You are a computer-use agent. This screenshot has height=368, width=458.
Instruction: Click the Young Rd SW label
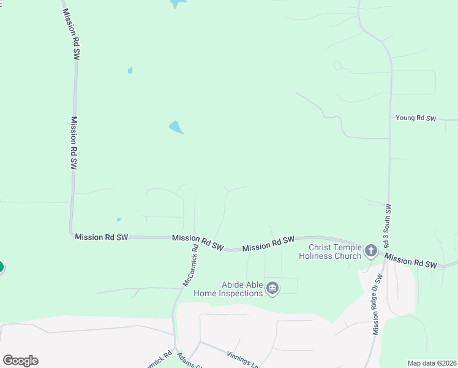pos(416,118)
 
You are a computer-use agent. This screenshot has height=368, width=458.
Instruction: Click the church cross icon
pos(370,250)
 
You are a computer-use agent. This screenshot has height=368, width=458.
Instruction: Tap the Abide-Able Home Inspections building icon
pos(273,288)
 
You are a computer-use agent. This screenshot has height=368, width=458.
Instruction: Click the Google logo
pos(20,361)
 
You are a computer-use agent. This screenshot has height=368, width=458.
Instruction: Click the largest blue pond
pos(176,128)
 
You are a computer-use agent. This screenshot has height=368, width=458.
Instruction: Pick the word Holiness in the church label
pos(317,256)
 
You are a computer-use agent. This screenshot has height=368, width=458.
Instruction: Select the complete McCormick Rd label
pos(190,266)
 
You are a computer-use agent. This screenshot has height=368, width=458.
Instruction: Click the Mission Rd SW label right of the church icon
pos(411,262)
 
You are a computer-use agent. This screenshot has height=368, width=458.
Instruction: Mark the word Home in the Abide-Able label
pos(205,293)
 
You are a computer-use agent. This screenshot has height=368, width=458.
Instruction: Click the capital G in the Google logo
pos(8,361)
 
